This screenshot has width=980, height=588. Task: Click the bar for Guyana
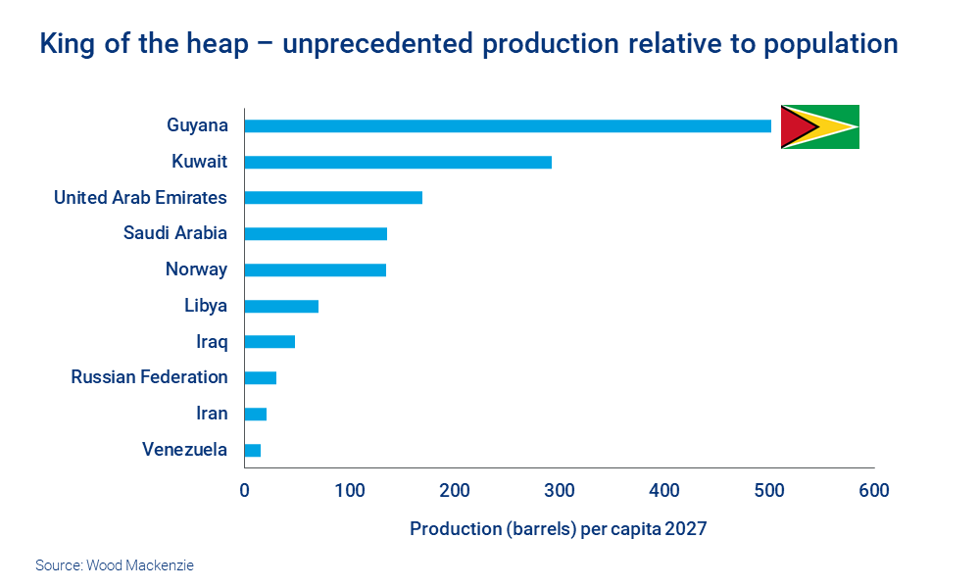tap(507, 125)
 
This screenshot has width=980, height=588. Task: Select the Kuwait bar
tap(397, 162)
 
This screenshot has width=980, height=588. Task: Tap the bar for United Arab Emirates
tap(332, 198)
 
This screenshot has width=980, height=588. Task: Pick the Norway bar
tap(315, 269)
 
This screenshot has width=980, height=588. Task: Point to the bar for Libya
tap(280, 306)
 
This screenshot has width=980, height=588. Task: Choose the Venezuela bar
tap(252, 450)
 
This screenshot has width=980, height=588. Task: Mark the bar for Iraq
tap(269, 342)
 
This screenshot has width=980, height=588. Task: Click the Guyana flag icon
tap(819, 126)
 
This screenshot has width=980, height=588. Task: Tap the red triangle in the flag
tap(795, 126)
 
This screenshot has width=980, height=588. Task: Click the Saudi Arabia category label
tap(174, 233)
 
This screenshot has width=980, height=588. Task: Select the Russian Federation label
tap(149, 377)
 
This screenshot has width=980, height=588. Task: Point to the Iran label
tap(212, 414)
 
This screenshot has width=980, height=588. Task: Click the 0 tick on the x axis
tap(245, 490)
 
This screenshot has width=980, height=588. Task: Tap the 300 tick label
tap(559, 490)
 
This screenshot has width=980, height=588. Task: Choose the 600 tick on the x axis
tap(873, 490)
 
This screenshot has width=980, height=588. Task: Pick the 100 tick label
tap(349, 490)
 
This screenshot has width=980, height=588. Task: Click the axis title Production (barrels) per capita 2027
tap(558, 529)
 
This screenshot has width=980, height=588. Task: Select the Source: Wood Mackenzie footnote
tap(115, 565)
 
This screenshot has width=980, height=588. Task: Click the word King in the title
tap(68, 44)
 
